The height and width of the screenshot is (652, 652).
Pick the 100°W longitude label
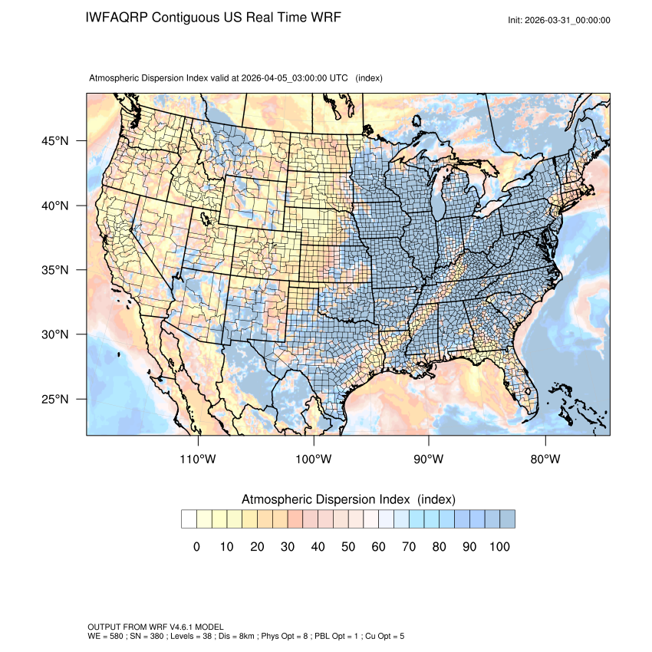coord(314,459)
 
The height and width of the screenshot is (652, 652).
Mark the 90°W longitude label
coord(429,459)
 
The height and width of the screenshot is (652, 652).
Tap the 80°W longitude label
coord(545,459)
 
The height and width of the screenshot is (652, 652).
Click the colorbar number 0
coord(196,547)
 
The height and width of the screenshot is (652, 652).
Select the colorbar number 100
coord(499,547)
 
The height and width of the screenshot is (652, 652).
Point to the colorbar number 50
coord(348,547)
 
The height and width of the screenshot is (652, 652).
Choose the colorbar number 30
coord(288,547)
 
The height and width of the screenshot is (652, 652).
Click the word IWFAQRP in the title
coord(117,17)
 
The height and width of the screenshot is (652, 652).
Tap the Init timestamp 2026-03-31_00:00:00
coord(568,21)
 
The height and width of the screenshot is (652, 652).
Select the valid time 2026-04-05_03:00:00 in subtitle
coord(285,78)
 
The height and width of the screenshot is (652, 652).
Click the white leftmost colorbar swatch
coord(189,519)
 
